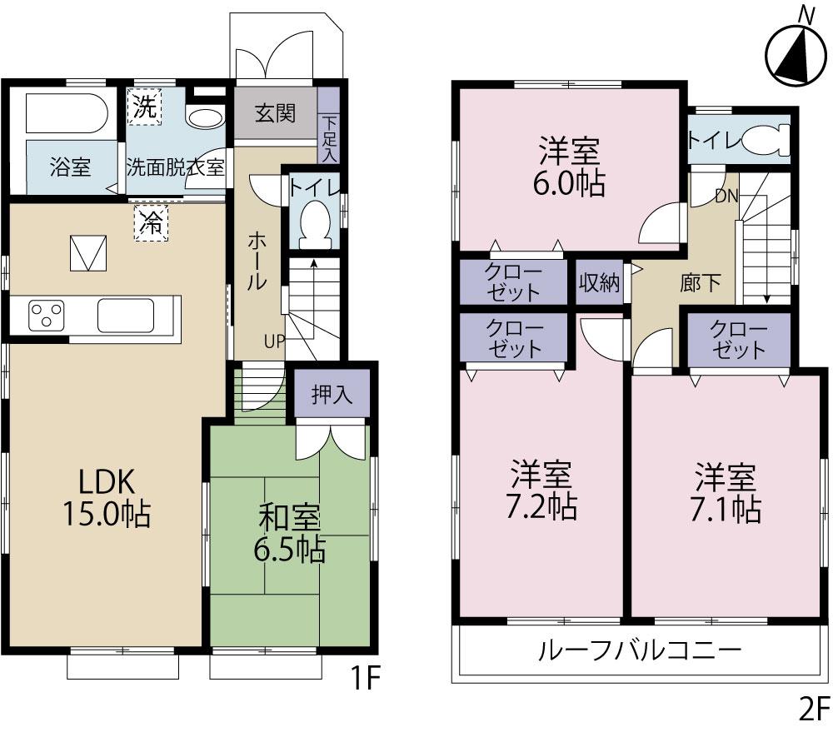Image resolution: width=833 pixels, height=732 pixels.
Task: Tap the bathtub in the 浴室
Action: (x=66, y=116)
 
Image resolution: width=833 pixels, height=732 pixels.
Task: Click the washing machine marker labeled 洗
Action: (x=144, y=107)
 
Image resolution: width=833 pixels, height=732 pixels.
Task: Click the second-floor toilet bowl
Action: (x=764, y=140)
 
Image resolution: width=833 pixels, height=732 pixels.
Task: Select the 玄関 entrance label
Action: (x=275, y=113)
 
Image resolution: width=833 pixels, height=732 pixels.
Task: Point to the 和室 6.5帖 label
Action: (x=290, y=534)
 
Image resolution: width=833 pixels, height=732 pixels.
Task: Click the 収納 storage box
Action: (x=600, y=283)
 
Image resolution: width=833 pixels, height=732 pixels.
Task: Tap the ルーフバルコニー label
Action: (x=639, y=650)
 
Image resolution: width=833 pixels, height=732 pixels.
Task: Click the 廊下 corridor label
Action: (x=701, y=283)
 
